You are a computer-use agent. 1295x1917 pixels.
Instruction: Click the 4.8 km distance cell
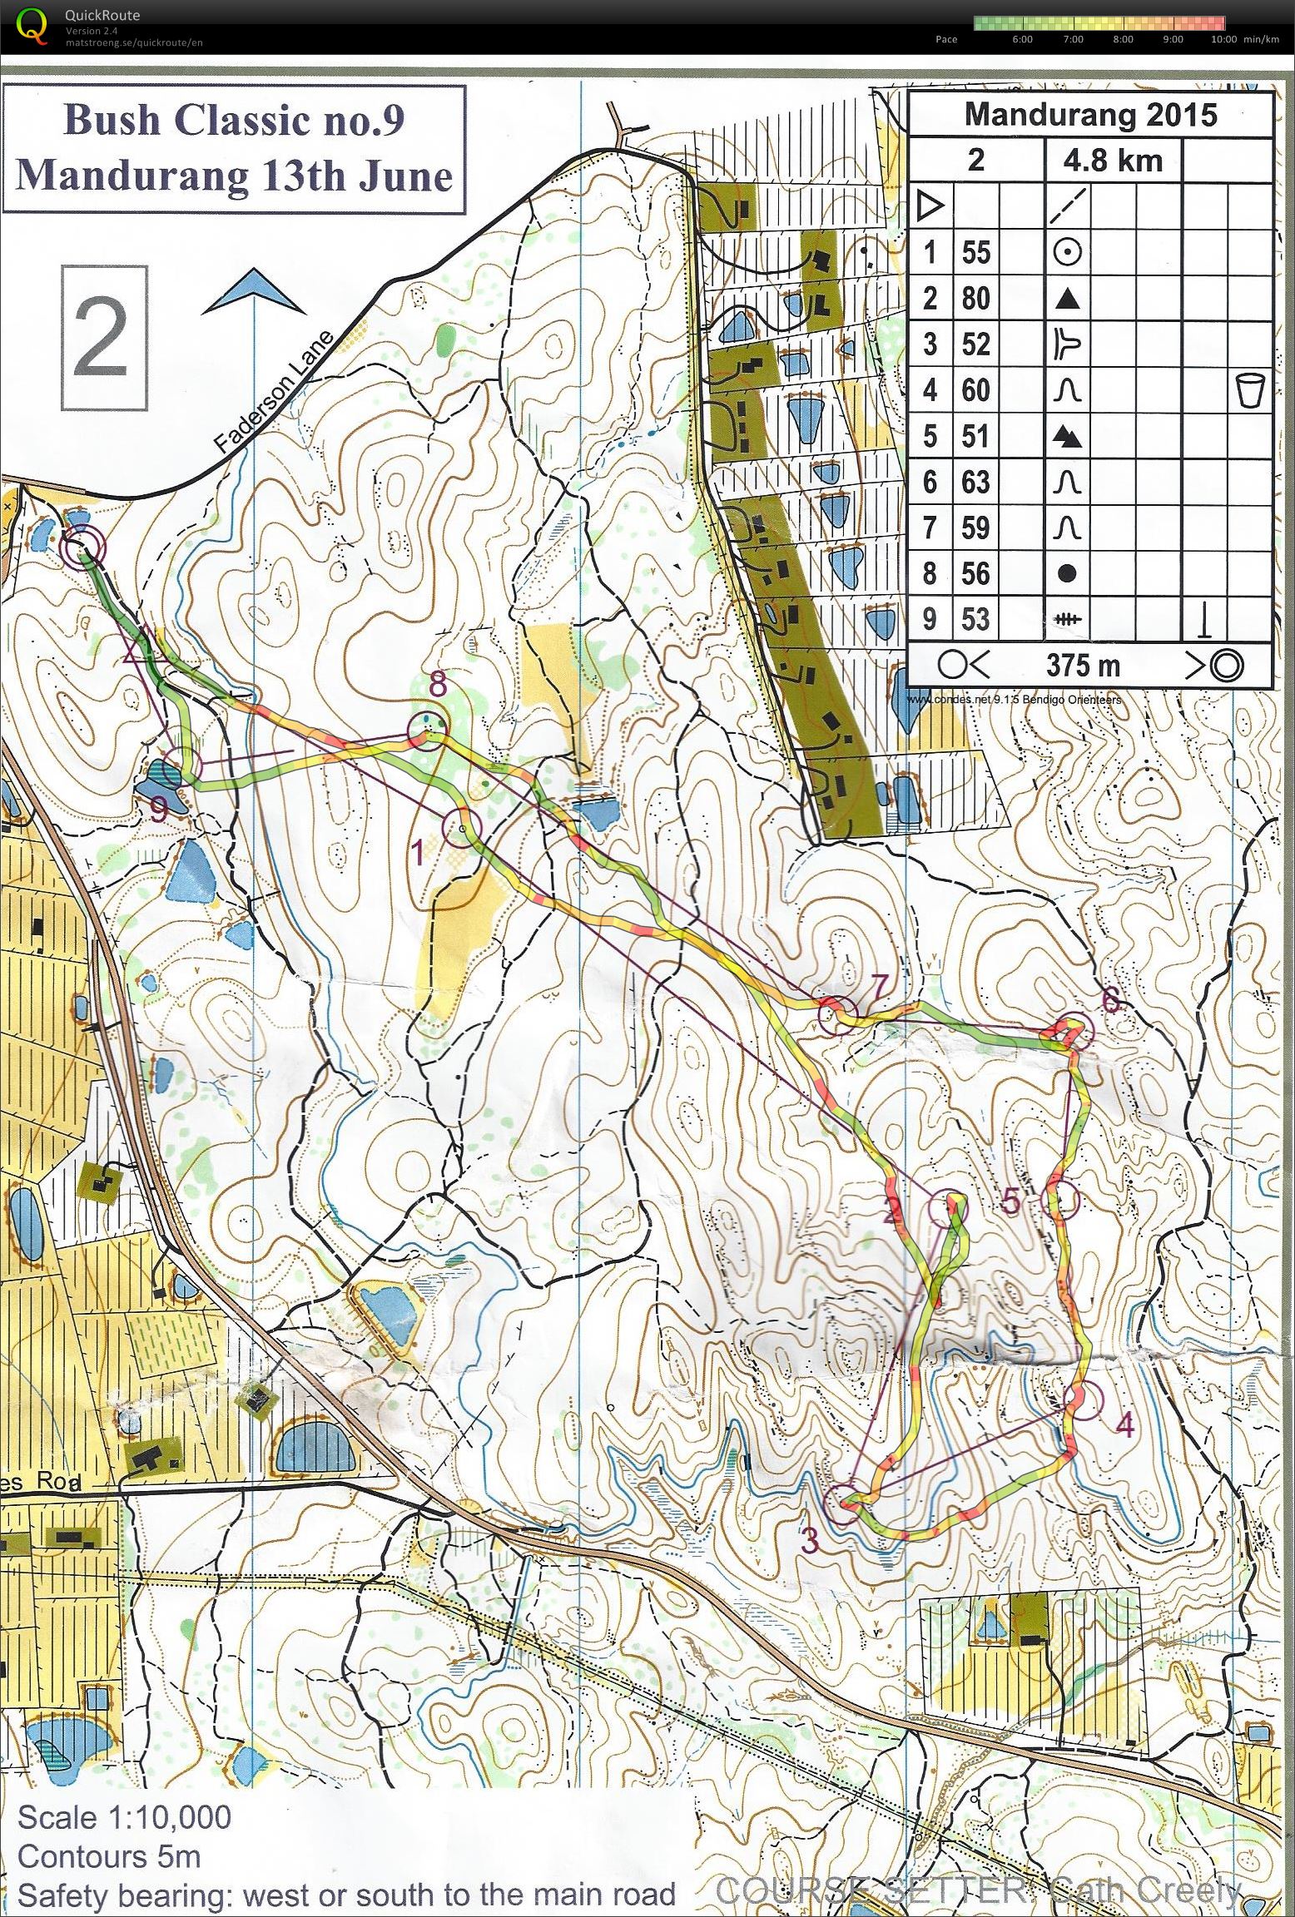click(x=1112, y=160)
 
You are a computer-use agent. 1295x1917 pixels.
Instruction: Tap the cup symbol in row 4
click(x=1249, y=390)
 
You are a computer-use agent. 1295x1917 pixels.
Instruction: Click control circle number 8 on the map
click(x=427, y=731)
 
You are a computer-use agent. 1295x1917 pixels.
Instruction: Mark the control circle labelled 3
click(x=843, y=1503)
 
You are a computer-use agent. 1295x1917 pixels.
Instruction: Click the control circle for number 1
click(x=462, y=828)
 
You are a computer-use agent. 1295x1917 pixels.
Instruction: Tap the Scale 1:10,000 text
click(x=125, y=1818)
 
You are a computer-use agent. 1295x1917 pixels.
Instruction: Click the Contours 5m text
click(x=109, y=1856)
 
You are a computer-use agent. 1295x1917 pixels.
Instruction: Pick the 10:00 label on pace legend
click(x=1223, y=39)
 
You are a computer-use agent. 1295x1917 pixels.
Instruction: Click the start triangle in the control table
click(x=930, y=205)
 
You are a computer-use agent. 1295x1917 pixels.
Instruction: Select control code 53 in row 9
click(x=975, y=619)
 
